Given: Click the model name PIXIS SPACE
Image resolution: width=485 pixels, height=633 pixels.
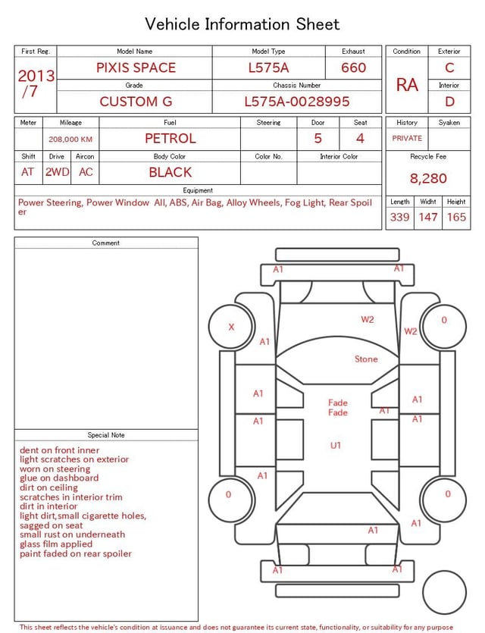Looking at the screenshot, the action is [x=136, y=67].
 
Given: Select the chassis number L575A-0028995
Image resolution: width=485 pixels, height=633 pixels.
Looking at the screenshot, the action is [x=297, y=102].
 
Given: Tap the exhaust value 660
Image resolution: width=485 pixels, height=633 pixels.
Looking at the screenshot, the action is [x=353, y=67].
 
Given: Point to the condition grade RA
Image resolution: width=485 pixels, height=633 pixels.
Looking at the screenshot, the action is [x=407, y=85].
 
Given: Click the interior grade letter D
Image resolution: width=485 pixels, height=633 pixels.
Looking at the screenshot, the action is [x=449, y=102].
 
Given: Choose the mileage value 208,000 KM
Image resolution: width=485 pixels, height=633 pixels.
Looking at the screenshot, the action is [x=70, y=139].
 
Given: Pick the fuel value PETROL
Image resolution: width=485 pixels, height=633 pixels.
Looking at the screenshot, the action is [x=171, y=139].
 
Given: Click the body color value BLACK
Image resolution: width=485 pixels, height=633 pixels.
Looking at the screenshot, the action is [x=171, y=172].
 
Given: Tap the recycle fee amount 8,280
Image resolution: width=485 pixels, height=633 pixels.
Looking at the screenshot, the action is [x=428, y=178].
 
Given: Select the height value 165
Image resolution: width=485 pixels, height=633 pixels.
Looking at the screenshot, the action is [x=456, y=217].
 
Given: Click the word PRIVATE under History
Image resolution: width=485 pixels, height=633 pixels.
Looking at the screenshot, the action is [x=407, y=138].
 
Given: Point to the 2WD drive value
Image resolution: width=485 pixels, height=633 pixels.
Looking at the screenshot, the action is [x=57, y=172].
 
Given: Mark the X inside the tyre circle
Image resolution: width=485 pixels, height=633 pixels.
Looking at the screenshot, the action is [x=231, y=327].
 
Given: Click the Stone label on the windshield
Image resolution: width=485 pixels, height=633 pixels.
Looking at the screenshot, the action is [x=366, y=359].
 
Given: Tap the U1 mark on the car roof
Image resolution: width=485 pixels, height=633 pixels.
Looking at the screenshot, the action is [x=336, y=445].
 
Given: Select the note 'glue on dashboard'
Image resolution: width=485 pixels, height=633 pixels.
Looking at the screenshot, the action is [x=59, y=478].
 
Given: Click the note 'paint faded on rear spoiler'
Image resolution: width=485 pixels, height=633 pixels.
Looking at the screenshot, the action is [x=76, y=554].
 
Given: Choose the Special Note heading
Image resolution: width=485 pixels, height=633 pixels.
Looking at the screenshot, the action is [x=106, y=435].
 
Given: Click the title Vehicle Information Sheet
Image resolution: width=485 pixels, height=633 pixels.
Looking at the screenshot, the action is [x=242, y=24].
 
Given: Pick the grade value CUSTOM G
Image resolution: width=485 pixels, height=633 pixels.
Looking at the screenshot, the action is [x=136, y=102].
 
